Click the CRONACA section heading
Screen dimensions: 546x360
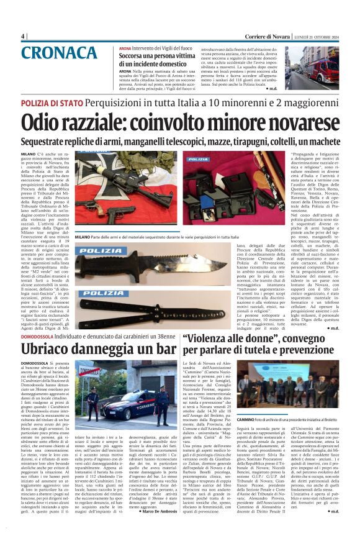pyautogui.click(x=61, y=54)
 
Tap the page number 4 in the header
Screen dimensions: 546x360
pyautogui.click(x=22, y=36)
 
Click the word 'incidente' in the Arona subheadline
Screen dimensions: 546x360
pyautogui.click(x=152, y=63)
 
